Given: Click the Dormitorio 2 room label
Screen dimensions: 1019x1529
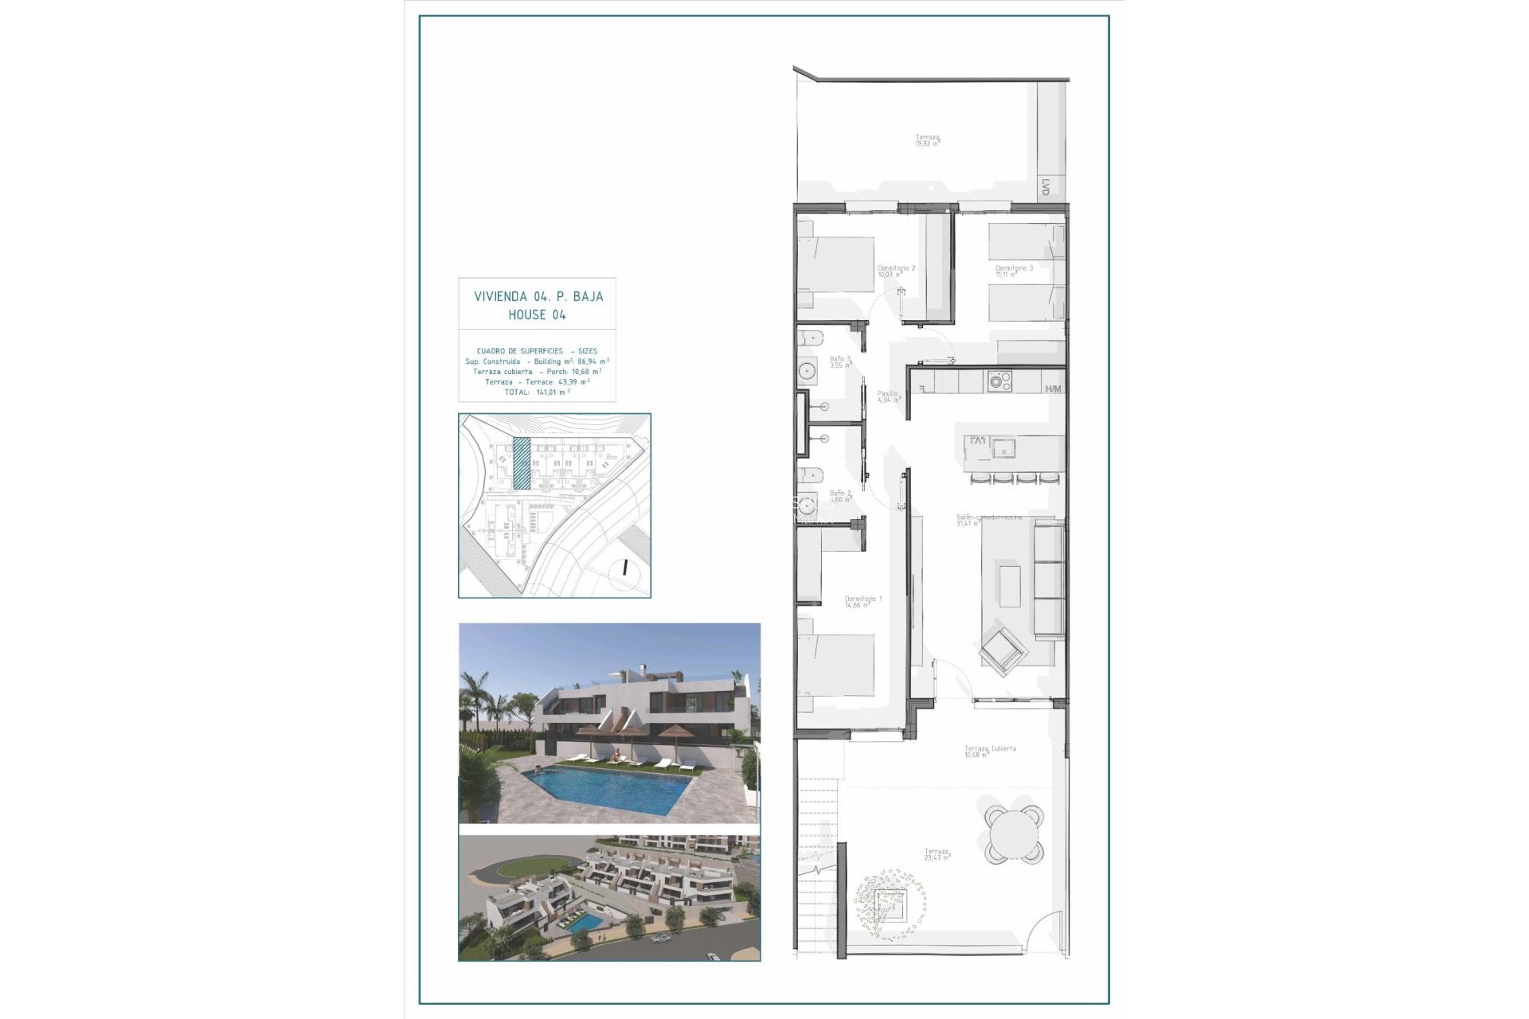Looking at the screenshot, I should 896,269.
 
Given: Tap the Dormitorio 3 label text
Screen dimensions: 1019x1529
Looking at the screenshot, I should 1014,269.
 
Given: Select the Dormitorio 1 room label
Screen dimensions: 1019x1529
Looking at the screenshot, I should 862,599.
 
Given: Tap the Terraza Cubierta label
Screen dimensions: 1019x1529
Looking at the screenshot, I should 990,749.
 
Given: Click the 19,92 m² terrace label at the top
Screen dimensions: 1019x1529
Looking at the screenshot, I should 927,140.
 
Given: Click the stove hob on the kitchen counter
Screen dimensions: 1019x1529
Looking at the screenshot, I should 999,381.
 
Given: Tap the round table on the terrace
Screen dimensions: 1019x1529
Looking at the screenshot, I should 1014,834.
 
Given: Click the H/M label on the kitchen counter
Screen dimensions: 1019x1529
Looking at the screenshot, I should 1053,388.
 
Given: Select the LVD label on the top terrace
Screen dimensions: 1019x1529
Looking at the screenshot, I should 1045,188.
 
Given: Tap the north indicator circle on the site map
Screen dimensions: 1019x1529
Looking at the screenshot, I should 626,568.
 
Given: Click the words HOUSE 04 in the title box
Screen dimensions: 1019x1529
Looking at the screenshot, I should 538,314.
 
